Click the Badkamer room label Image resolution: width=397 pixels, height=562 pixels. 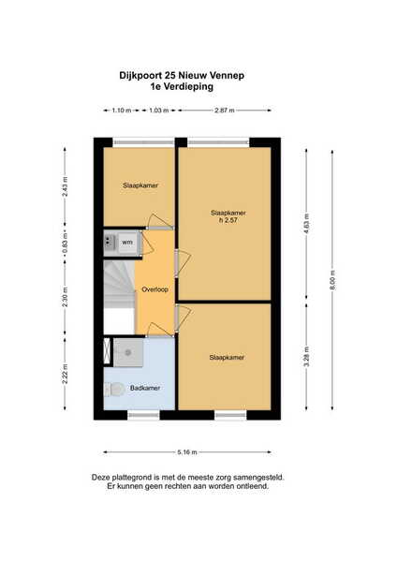coord(145,388)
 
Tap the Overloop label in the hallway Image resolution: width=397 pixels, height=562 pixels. coord(154,289)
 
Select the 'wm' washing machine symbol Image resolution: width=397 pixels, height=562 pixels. coord(127,243)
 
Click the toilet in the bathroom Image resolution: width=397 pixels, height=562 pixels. coord(114,390)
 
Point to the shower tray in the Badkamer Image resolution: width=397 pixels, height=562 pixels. coord(128,353)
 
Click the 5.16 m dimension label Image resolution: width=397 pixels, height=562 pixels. coord(187,452)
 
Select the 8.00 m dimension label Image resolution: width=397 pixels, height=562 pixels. coord(332,280)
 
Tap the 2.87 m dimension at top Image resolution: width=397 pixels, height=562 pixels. coord(225,111)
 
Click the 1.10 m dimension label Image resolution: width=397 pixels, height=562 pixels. coord(122,111)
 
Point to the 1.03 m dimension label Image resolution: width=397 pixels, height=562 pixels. coord(159,111)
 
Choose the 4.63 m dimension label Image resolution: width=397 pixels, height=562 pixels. coord(306,224)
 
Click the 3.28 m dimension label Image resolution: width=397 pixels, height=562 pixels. coord(306,357)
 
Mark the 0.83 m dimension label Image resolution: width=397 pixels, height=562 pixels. coord(65,243)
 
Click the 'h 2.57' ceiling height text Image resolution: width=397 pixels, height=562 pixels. coord(228,220)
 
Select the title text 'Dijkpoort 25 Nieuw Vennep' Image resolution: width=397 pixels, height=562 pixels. coord(182,76)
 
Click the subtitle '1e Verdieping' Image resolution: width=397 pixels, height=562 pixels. coord(182,87)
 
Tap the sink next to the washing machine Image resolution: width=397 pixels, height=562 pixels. coord(109,243)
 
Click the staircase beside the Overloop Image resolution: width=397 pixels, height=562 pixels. coord(119,297)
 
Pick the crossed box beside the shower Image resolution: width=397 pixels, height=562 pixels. coord(107,351)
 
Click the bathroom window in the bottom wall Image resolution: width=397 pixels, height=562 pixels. coord(143,415)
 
